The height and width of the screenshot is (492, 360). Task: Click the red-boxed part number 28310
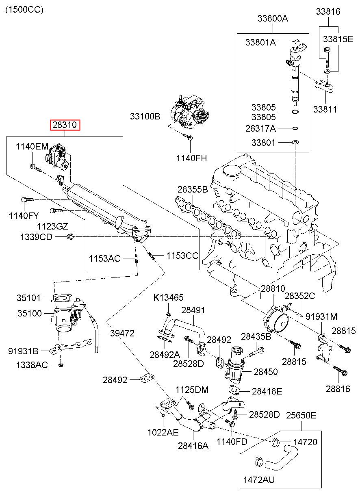pos(65,126)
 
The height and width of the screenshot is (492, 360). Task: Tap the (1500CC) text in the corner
pos(24,9)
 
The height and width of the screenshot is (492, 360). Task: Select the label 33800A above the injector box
pos(272,18)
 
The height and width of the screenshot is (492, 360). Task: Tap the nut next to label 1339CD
pos(70,236)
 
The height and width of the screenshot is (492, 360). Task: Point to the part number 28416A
pos(193,445)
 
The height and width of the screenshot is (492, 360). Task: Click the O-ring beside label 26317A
pos(295,129)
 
